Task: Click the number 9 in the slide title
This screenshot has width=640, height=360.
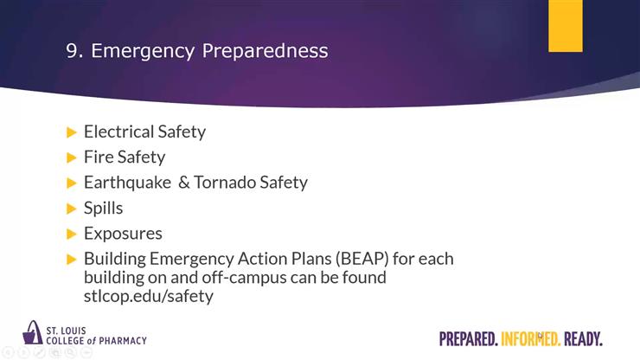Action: pyautogui.click(x=72, y=51)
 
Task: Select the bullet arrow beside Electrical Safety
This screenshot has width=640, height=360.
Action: pyautogui.click(x=72, y=132)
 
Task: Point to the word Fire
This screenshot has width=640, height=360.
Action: pyautogui.click(x=97, y=157)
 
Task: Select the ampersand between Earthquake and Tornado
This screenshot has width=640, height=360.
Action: pyautogui.click(x=183, y=183)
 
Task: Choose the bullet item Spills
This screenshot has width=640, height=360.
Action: pyautogui.click(x=103, y=209)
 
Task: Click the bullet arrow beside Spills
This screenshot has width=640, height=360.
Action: pyautogui.click(x=72, y=209)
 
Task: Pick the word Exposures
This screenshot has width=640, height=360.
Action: pyautogui.click(x=123, y=234)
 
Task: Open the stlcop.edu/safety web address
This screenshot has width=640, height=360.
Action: pyautogui.click(x=148, y=297)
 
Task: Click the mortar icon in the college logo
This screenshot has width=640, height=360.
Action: pyautogui.click(x=33, y=332)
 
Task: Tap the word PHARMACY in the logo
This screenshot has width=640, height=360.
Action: pyautogui.click(x=118, y=341)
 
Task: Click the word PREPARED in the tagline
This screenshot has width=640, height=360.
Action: pyautogui.click(x=468, y=338)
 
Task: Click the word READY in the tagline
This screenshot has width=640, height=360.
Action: pyautogui.click(x=583, y=338)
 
